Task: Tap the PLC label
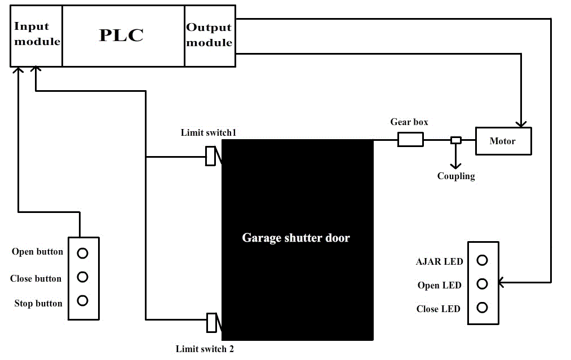point(121,35)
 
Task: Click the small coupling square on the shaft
point(456,140)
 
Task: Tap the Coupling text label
point(456,176)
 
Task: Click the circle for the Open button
point(83,253)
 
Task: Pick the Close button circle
point(83,277)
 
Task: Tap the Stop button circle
point(83,300)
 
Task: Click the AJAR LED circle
point(482,260)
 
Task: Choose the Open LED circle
point(482,284)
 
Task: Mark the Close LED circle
point(482,308)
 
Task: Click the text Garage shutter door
point(296,238)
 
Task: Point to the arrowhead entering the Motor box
point(521,124)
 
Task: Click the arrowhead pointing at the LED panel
point(502,282)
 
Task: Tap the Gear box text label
point(409,122)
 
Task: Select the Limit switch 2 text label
point(205,349)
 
